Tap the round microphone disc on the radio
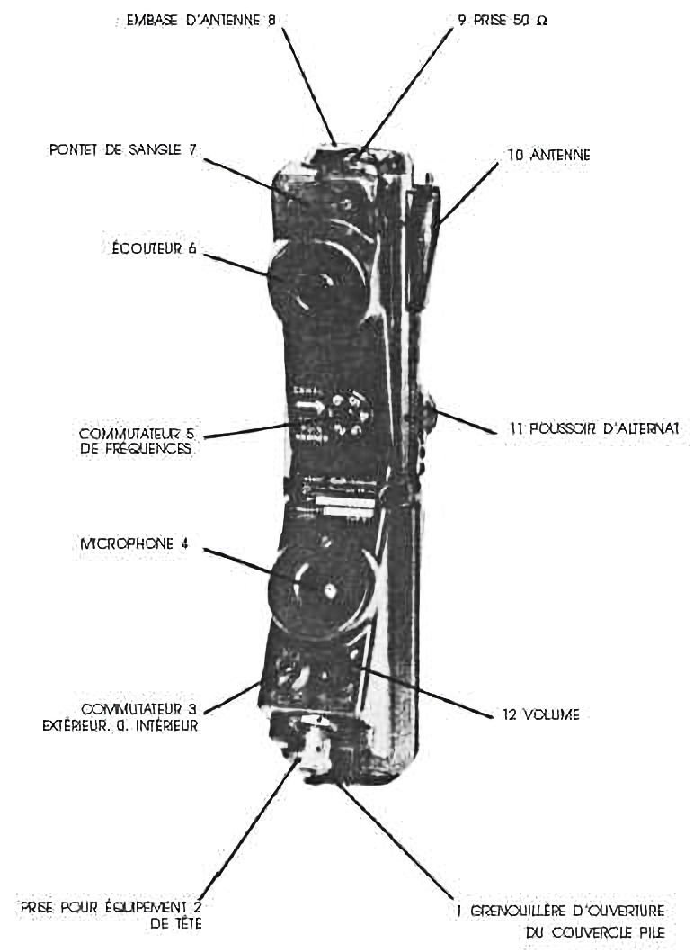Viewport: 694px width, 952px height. (x=320, y=590)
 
